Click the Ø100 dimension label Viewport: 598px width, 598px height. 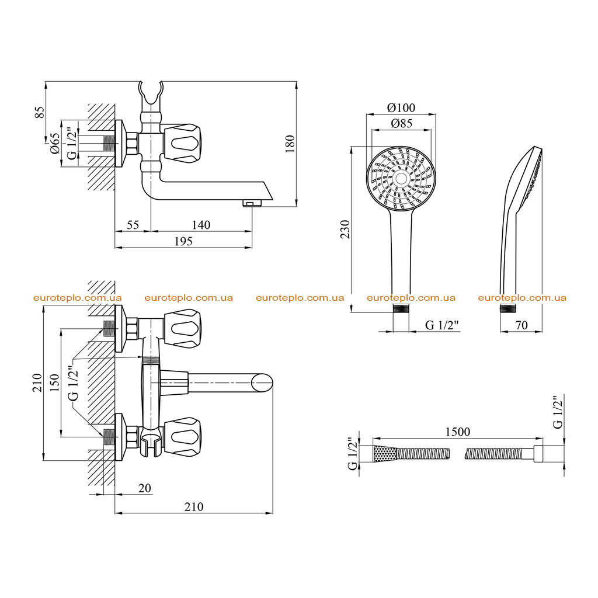click(401, 107)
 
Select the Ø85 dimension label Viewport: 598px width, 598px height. click(402, 123)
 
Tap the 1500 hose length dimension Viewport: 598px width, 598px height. click(458, 432)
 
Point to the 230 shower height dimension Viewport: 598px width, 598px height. click(345, 229)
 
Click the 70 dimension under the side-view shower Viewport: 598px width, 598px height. click(521, 325)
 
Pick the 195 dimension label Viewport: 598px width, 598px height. click(183, 241)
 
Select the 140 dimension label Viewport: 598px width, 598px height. click(201, 225)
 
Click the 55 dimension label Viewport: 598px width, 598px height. click(133, 225)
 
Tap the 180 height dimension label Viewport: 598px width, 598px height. click(290, 144)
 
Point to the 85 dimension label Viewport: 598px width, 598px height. click(40, 112)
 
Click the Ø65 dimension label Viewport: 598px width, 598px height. click(55, 144)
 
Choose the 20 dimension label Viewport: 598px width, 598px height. click(145, 488)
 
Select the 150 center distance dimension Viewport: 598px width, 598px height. click(54, 383)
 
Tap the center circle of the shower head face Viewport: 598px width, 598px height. click(401, 178)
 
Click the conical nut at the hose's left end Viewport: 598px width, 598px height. click(385, 454)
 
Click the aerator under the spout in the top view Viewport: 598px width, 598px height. click(252, 204)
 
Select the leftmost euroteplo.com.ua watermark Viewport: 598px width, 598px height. click(78, 298)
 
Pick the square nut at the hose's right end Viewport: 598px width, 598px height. click(538, 454)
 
